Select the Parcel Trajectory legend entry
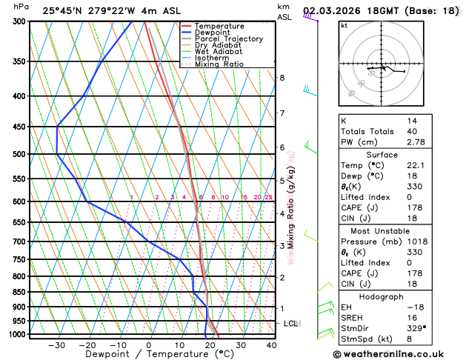pos(228,39)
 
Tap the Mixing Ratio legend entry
pos(219,64)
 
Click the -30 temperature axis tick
pos(56,345)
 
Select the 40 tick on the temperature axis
pos(272,345)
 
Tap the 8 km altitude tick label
pos(282,78)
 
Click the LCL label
pos(291,324)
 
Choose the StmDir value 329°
pos(416,327)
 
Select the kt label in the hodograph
pos(344,25)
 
